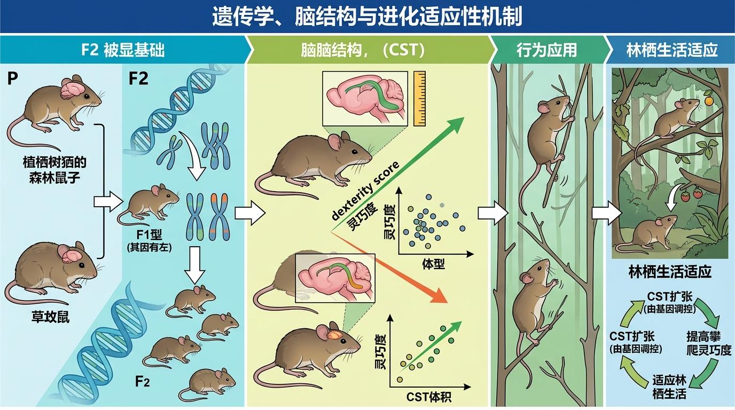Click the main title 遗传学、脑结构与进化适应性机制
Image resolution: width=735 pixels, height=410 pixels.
(367, 17)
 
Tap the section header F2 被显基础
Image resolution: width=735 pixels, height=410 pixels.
(122, 51)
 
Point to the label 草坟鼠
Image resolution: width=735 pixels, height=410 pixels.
(51, 318)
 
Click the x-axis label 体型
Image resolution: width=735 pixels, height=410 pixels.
(433, 264)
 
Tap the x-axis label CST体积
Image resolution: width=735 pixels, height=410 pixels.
(428, 397)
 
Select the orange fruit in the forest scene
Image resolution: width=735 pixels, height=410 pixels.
(709, 99)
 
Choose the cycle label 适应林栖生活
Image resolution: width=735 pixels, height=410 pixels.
(669, 388)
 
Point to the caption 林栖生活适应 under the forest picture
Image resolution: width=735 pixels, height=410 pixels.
(669, 272)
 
